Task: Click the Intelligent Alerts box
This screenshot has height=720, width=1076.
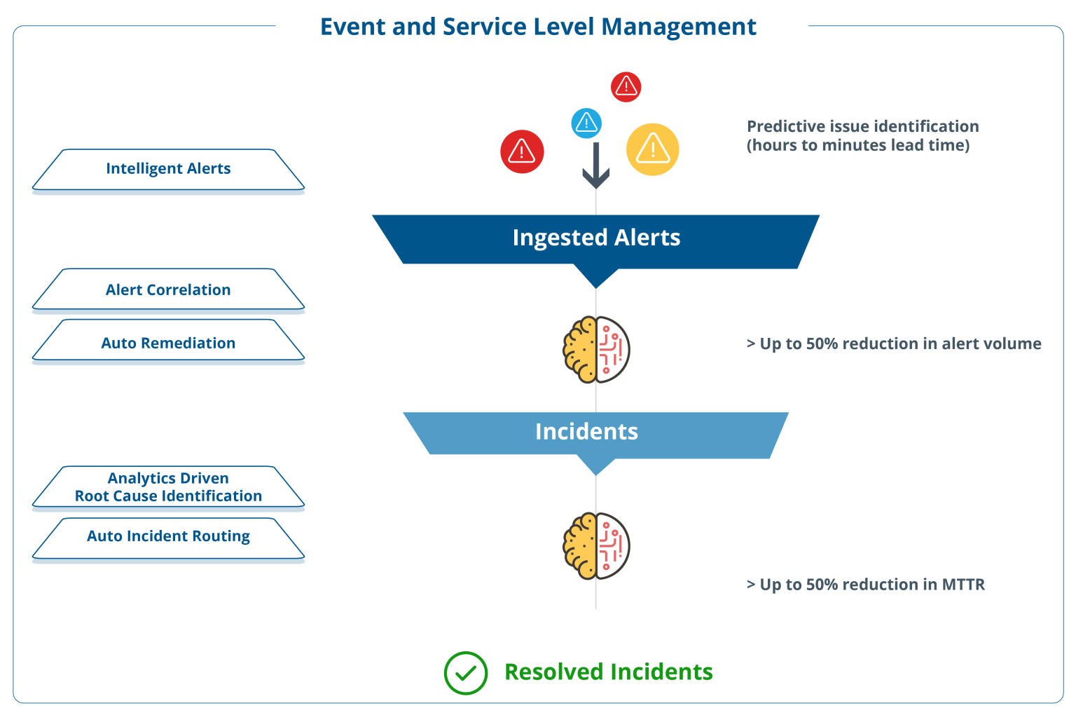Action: click(x=168, y=169)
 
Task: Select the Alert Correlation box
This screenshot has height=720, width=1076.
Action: click(x=168, y=290)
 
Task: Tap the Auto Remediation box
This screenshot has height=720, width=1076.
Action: click(x=168, y=343)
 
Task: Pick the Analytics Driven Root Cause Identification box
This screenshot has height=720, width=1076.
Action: click(x=168, y=487)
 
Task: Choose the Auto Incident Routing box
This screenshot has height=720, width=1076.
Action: click(x=168, y=536)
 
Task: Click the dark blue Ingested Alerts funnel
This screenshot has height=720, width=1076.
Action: click(x=595, y=238)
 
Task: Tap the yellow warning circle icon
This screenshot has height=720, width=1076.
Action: click(x=653, y=149)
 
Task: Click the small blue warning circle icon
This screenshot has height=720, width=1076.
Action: click(x=586, y=123)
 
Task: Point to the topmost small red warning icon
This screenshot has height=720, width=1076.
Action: click(x=626, y=87)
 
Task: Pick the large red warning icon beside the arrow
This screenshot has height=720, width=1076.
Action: click(x=522, y=151)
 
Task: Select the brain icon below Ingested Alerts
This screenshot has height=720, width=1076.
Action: click(x=597, y=349)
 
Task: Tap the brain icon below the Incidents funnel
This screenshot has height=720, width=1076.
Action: click(x=597, y=546)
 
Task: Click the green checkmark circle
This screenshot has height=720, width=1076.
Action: click(x=466, y=673)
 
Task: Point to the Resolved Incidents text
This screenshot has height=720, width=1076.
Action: click(x=609, y=672)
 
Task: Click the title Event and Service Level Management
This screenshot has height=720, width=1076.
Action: click(x=538, y=27)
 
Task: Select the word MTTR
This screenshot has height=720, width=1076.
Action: click(x=963, y=585)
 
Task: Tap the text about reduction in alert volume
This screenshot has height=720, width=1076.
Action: click(x=894, y=344)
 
